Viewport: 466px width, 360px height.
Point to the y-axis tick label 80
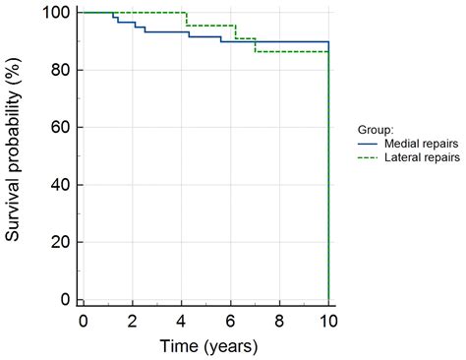click(x=59, y=70)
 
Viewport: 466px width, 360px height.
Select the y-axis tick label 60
click(x=59, y=127)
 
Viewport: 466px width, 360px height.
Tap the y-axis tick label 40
click(x=59, y=185)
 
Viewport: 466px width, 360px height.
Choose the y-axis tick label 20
click(x=59, y=242)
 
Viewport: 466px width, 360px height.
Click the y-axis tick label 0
click(x=64, y=299)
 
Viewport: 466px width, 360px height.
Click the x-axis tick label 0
click(x=84, y=322)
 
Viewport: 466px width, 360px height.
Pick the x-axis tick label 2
click(x=133, y=322)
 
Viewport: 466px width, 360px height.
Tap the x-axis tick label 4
click(x=182, y=322)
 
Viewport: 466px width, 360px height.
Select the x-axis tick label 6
click(x=231, y=322)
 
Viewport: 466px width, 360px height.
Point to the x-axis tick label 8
click(x=280, y=322)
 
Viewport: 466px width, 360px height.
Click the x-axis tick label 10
click(x=328, y=322)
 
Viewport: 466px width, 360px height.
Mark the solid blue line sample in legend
click(x=368, y=142)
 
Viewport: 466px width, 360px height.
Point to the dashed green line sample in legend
click(x=368, y=155)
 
